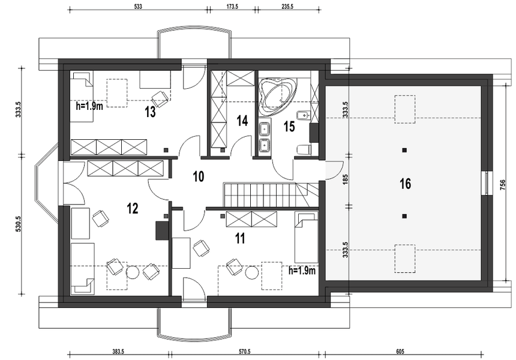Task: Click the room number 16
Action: coord(405,184)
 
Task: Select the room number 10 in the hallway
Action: coord(198,176)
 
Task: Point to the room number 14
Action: coord(242,121)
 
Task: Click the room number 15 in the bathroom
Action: coord(289,126)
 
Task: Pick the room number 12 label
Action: coord(133,208)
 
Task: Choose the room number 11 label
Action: coord(240,239)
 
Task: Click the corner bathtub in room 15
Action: coord(277,95)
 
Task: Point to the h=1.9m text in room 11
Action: coord(302,271)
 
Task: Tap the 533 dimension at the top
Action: coord(137,7)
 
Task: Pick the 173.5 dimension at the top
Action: coord(232,7)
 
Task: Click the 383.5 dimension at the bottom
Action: coord(118,352)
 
